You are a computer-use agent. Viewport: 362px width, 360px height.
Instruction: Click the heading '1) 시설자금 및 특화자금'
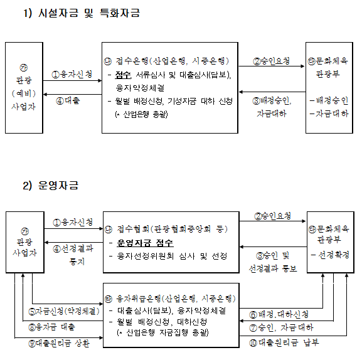point(82,13)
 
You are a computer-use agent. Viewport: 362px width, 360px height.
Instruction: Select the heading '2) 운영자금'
point(51,185)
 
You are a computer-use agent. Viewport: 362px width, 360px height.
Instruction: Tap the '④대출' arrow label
point(68,100)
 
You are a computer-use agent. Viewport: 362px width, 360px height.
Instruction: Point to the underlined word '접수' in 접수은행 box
point(123,75)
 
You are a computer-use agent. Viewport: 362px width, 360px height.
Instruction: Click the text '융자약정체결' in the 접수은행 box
point(140,88)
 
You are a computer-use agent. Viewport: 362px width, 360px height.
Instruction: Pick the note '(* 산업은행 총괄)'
point(141,114)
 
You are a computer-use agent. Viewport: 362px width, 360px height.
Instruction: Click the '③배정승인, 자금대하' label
point(272,107)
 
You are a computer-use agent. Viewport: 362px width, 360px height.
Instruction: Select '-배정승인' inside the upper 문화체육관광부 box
point(329,100)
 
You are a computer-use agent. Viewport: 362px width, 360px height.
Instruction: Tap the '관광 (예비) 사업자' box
point(24,88)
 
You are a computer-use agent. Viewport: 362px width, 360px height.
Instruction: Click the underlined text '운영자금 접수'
point(145,243)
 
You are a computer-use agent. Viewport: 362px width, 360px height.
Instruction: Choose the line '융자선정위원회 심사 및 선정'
point(172,256)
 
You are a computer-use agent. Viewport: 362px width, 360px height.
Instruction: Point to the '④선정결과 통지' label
point(73,255)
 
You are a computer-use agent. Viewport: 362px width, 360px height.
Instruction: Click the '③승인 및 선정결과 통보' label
point(273,262)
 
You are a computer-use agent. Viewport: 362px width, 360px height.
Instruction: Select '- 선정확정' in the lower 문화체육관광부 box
point(330,255)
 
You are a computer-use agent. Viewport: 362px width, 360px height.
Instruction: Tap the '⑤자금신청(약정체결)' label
point(64,311)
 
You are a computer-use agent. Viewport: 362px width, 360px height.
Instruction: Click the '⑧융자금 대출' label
point(51,327)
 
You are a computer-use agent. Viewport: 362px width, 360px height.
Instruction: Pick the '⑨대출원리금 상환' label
point(59,344)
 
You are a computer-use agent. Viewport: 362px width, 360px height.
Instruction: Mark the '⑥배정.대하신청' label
point(279,314)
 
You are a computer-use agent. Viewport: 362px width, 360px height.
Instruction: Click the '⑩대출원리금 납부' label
point(284,342)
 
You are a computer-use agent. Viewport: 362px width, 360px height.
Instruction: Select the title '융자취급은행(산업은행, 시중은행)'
point(176,299)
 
